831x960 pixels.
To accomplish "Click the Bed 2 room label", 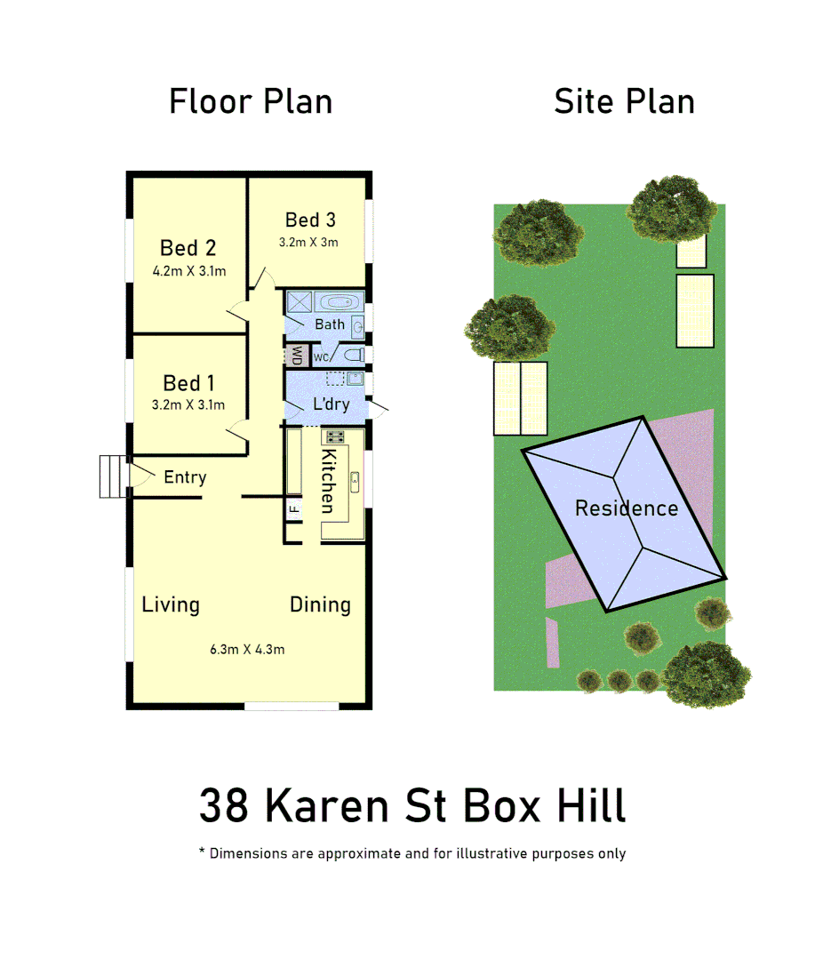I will (x=188, y=248).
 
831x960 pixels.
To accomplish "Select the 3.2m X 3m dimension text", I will (x=308, y=242).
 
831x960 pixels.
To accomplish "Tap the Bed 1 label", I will (x=188, y=383).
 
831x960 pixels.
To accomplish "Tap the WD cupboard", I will (x=297, y=356).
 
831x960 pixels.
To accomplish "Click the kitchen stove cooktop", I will (x=336, y=436).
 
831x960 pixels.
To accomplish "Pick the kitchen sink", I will (x=354, y=482).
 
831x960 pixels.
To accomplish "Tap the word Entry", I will (x=185, y=477).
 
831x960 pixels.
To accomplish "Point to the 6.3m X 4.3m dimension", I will (x=247, y=649).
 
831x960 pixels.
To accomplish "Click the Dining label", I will (x=320, y=605).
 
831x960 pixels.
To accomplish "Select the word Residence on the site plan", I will (x=626, y=508).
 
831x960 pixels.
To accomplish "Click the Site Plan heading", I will (x=624, y=101).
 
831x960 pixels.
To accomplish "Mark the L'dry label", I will (x=331, y=404).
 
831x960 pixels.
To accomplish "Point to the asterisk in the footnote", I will (x=202, y=852).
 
